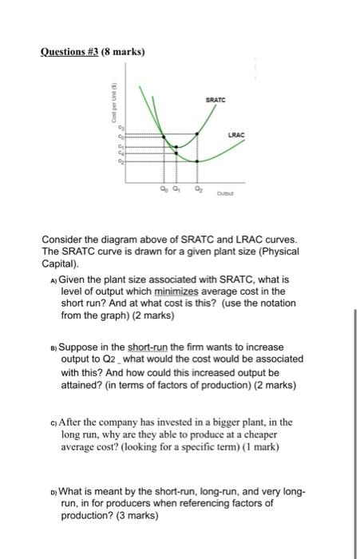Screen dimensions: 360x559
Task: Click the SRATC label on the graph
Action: (x=216, y=101)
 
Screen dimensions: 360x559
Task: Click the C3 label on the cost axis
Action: (x=122, y=129)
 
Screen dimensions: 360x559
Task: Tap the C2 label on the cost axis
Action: (x=122, y=161)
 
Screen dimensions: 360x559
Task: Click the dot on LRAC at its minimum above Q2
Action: (x=198, y=161)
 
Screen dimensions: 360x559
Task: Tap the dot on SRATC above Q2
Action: (x=198, y=135)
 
